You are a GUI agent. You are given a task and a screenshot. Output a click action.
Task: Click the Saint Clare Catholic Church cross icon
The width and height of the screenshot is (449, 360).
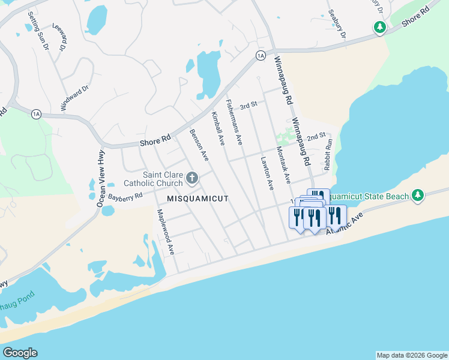click(x=192, y=178)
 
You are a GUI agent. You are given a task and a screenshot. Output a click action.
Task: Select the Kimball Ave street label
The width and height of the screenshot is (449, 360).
click(x=218, y=128)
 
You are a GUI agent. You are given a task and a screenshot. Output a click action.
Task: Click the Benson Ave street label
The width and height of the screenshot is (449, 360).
click(x=199, y=145)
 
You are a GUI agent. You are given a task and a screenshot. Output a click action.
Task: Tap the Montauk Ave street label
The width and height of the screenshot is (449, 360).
click(x=283, y=165)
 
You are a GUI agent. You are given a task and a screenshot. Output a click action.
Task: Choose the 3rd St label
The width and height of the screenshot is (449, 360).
click(x=248, y=105)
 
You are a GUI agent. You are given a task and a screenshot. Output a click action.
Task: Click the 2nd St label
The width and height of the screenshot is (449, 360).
click(x=316, y=137)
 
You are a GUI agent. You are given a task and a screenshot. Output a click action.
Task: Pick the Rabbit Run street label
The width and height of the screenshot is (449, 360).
click(x=328, y=155)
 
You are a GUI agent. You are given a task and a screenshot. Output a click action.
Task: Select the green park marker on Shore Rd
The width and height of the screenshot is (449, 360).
click(x=379, y=27)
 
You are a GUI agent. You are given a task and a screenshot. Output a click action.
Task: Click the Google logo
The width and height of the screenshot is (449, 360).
click(x=20, y=353)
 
